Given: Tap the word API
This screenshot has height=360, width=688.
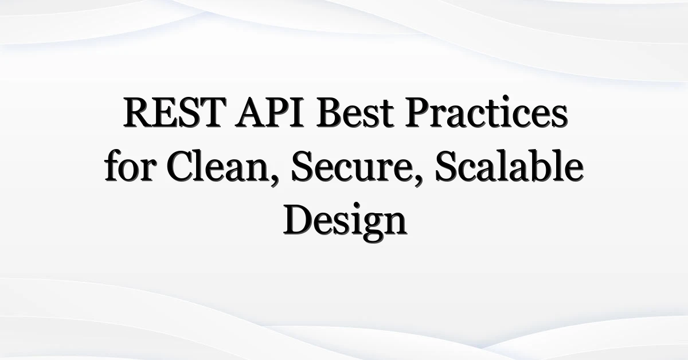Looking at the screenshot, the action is click(269, 112).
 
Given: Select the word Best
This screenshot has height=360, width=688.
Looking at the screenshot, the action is click(355, 112).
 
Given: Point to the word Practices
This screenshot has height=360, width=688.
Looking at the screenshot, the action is click(486, 112).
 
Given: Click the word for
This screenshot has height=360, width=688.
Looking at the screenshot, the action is click(129, 166).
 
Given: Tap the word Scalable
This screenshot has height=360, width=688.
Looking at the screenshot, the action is click(509, 166).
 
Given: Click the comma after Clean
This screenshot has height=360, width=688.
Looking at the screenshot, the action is click(274, 181).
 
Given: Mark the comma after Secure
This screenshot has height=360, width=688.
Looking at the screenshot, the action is click(418, 181).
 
